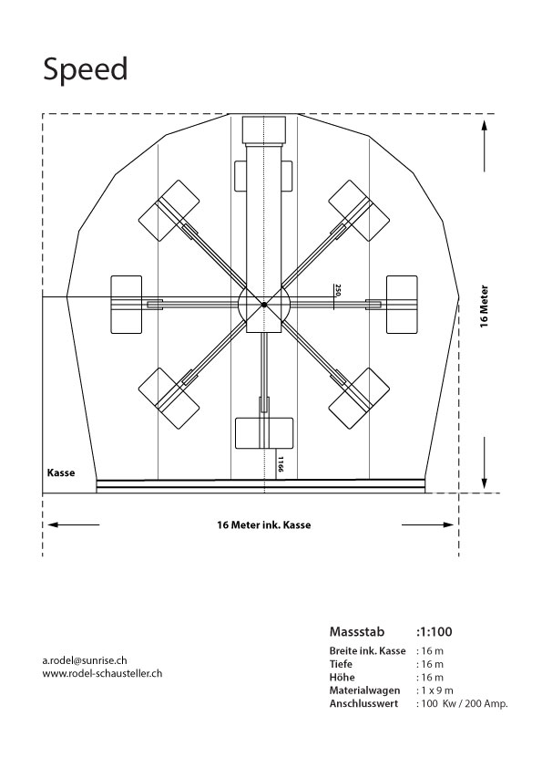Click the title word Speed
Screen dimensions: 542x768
(86, 69)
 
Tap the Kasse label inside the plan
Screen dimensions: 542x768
(61, 472)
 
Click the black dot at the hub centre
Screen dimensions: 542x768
(264, 304)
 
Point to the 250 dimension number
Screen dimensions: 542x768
(337, 290)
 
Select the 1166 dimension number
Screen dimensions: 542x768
(281, 464)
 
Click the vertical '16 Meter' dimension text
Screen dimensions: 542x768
(484, 306)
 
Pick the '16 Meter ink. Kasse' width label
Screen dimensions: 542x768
(264, 525)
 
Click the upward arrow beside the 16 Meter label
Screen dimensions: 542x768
(485, 145)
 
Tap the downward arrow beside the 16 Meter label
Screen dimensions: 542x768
(485, 463)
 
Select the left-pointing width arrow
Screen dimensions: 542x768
(74, 524)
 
